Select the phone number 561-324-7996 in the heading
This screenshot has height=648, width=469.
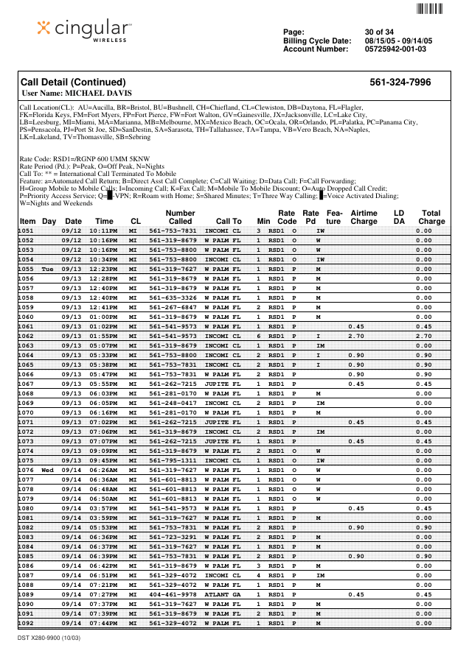pyautogui.click(x=400, y=82)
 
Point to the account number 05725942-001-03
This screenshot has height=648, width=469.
pyautogui.click(x=395, y=49)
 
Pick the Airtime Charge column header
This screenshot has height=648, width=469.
pyautogui.click(x=364, y=217)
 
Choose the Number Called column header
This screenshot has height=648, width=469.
pyautogui.click(x=180, y=217)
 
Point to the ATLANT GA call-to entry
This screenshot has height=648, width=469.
pyautogui.click(x=223, y=594)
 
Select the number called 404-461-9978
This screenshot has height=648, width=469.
pyautogui.click(x=173, y=594)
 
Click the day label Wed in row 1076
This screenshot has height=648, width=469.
pyautogui.click(x=48, y=470)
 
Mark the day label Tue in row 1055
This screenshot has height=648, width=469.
pyautogui.click(x=48, y=269)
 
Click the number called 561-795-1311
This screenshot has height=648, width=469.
pyautogui.click(x=173, y=460)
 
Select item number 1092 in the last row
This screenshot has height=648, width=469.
pyautogui.click(x=27, y=623)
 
